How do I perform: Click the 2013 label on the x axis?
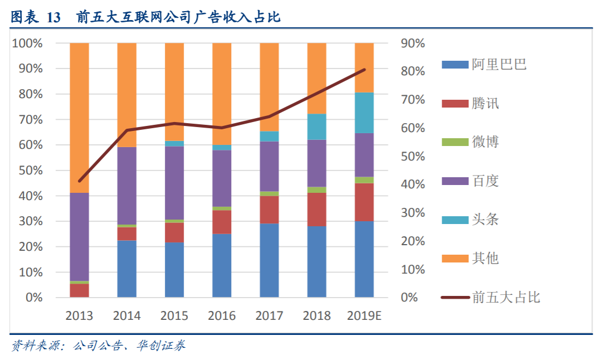pos(79,316)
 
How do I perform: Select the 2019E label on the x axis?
pos(364,316)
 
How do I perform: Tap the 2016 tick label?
pos(222,316)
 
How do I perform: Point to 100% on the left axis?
pos(27,43)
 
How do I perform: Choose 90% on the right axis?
pos(412,43)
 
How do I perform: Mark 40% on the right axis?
pos(412,184)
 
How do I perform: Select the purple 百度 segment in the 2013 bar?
pos(79,237)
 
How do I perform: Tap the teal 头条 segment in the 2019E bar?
pos(364,113)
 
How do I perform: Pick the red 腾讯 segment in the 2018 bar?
pos(316,209)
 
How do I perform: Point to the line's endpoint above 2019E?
pos(364,70)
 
